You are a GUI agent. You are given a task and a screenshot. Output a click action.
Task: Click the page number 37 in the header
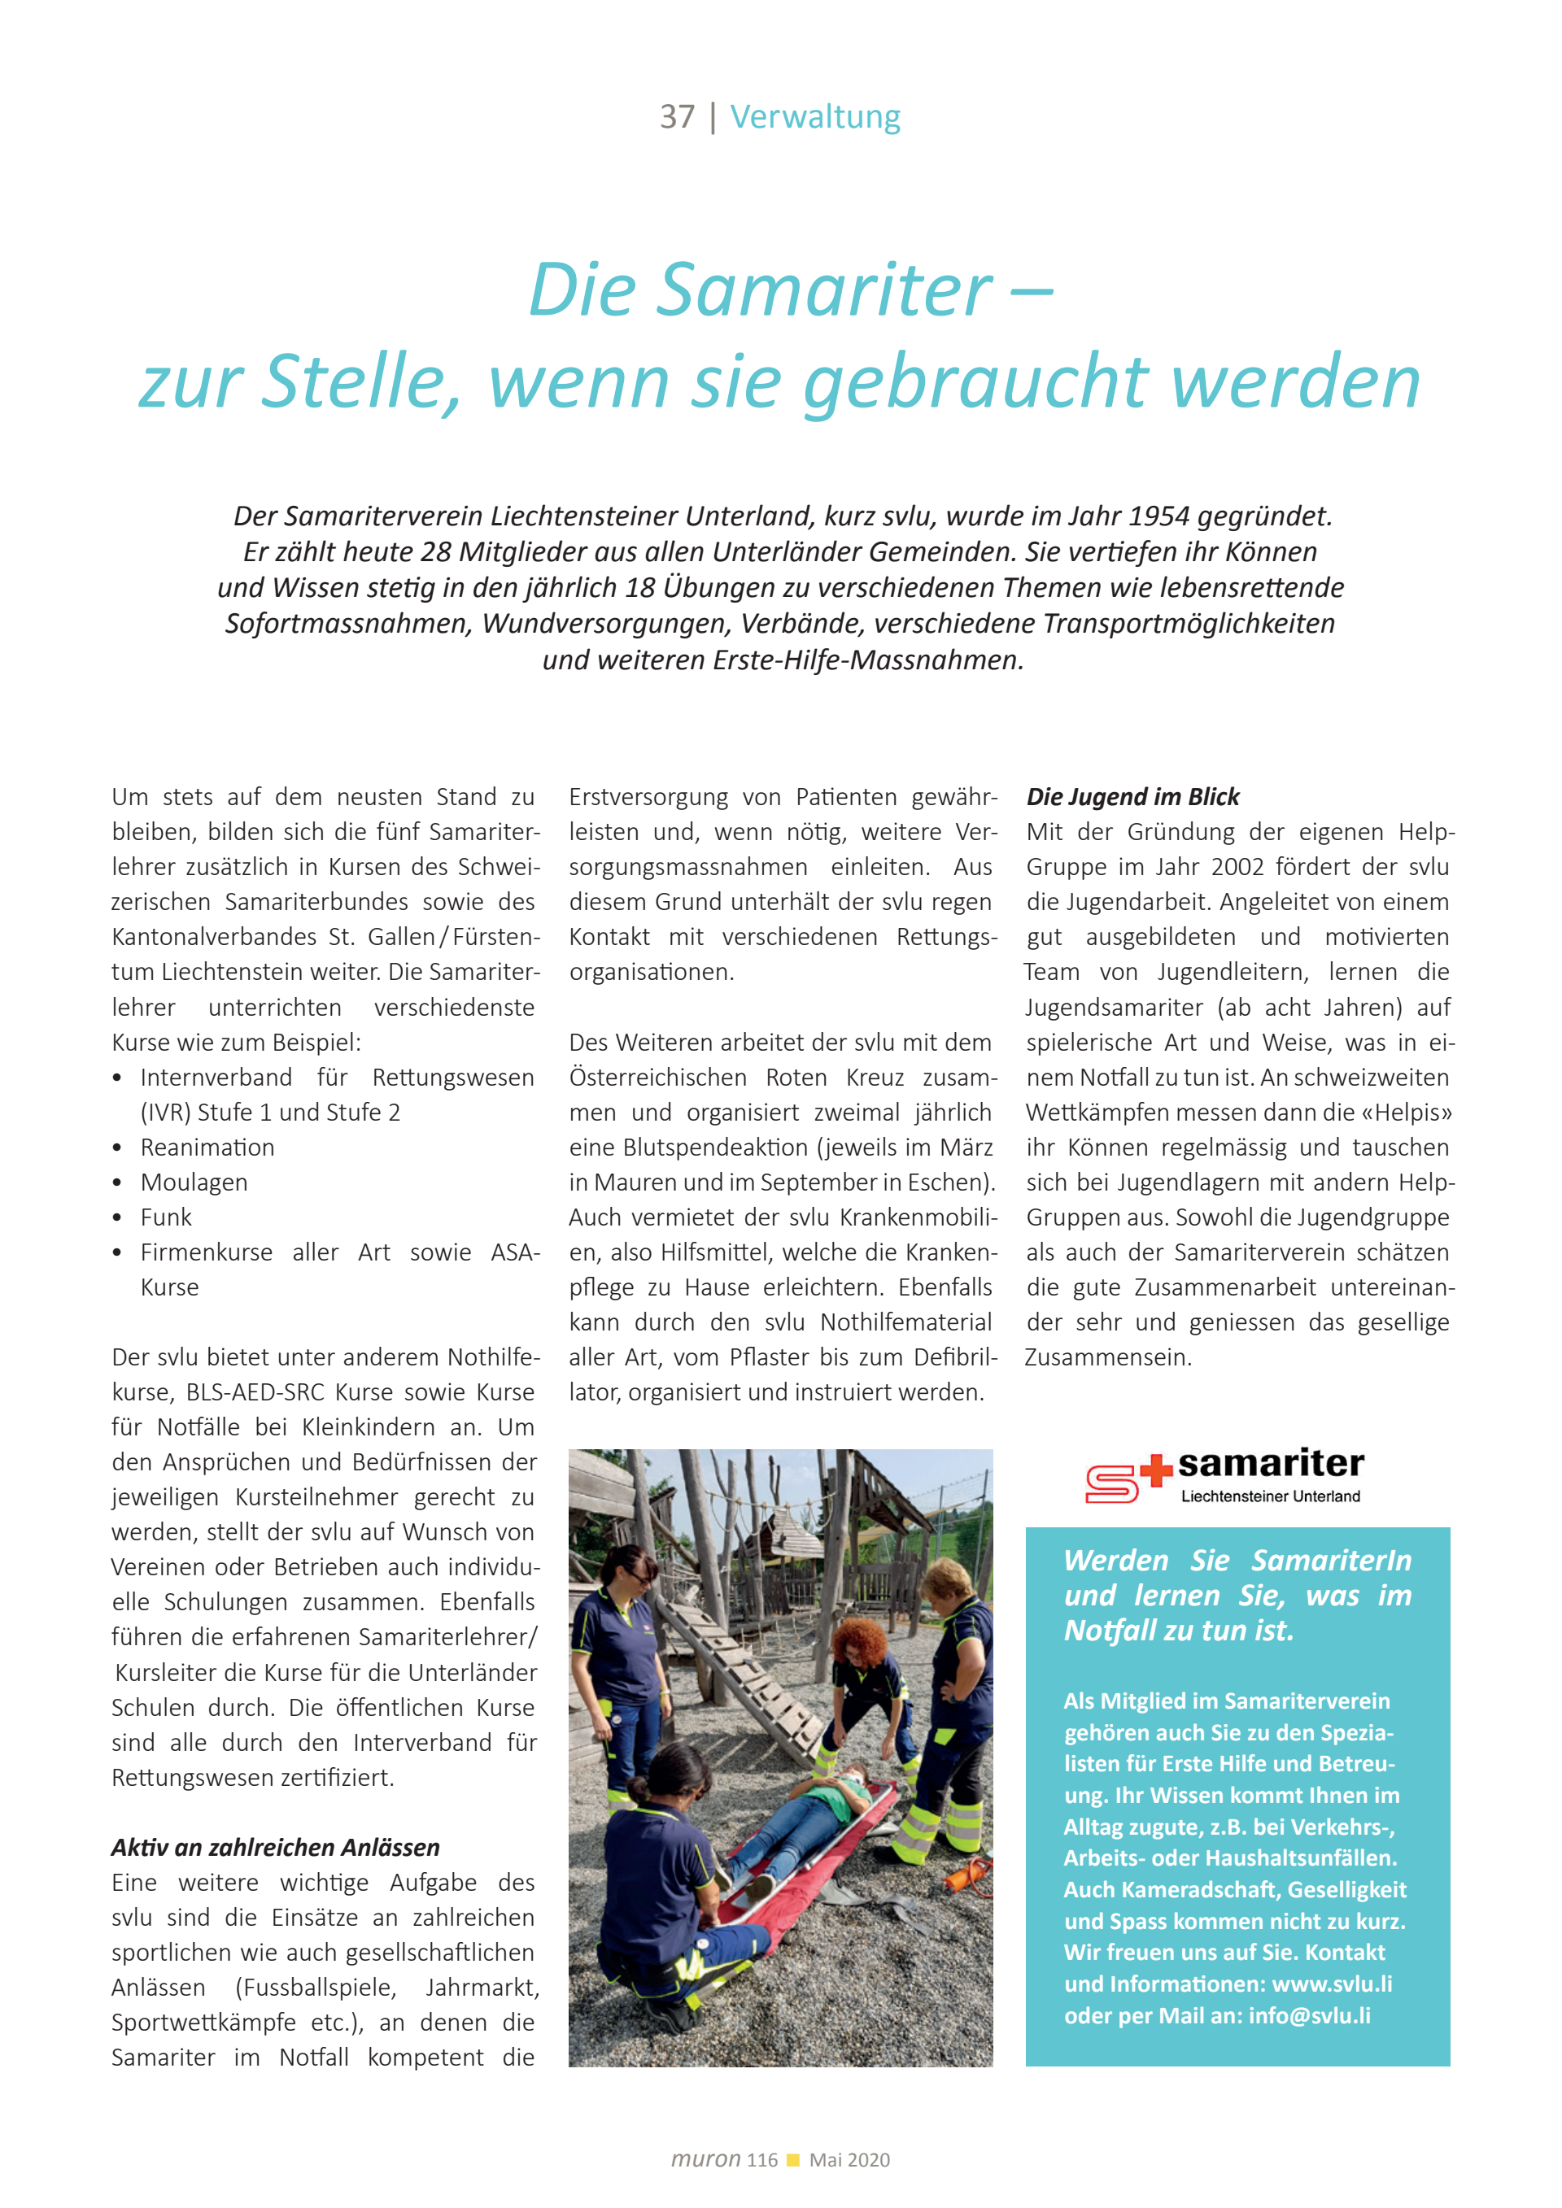click(x=676, y=117)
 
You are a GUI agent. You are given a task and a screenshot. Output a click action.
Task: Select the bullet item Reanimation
click(x=207, y=1148)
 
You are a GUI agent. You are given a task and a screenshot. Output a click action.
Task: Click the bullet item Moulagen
click(x=194, y=1182)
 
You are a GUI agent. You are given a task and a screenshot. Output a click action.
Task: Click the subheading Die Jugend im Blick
click(x=1132, y=796)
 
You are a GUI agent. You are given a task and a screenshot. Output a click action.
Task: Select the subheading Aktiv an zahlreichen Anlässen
click(x=275, y=1848)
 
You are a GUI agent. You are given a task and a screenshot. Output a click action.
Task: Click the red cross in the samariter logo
click(x=1155, y=1470)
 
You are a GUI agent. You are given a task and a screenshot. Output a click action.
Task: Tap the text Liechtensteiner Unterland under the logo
click(x=1270, y=1496)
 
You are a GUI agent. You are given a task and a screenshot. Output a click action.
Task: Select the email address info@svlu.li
click(x=1309, y=2016)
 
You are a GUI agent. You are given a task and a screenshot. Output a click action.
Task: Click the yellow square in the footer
click(x=793, y=2160)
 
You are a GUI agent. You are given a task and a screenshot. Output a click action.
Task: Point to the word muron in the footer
click(x=705, y=2159)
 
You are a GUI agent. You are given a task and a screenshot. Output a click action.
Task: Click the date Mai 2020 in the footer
click(x=849, y=2160)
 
